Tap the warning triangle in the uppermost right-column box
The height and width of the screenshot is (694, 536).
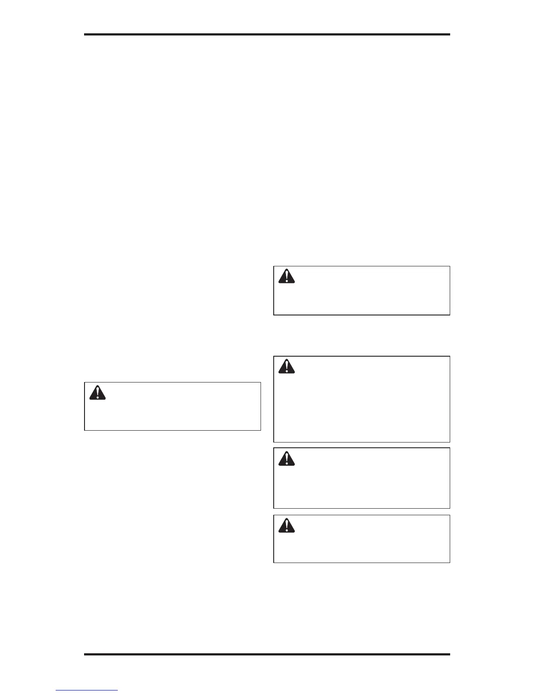286,276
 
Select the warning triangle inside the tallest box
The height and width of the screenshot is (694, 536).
286,366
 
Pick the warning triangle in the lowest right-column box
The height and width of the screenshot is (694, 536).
286,525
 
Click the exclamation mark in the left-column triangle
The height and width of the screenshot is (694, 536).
97,393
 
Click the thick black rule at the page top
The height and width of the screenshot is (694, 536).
267,34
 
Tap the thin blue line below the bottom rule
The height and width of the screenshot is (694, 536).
87,690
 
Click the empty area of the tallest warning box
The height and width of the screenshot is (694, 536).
362,412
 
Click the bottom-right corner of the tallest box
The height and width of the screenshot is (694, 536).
450,442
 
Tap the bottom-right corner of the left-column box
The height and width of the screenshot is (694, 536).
261,430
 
